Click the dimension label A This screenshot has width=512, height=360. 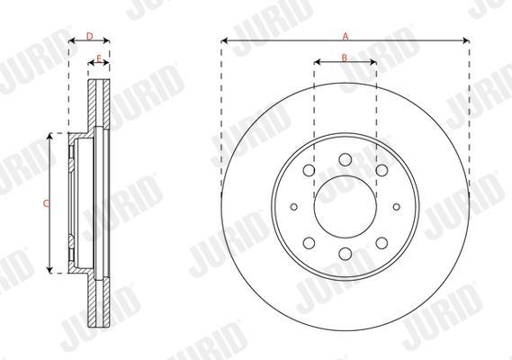pos(346,36)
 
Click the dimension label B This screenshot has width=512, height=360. pos(345,58)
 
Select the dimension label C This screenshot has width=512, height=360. pos(46,203)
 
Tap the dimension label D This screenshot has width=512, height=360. pos(89,36)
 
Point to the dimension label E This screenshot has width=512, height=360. pos(99,58)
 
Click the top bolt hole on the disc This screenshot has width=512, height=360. pos(346,159)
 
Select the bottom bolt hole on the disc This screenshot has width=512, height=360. pos(346,254)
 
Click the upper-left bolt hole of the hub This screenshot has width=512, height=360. pos(309,170)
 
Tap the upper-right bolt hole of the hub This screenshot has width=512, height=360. pos(382,170)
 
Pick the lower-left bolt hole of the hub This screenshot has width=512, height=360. pos(309,243)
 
